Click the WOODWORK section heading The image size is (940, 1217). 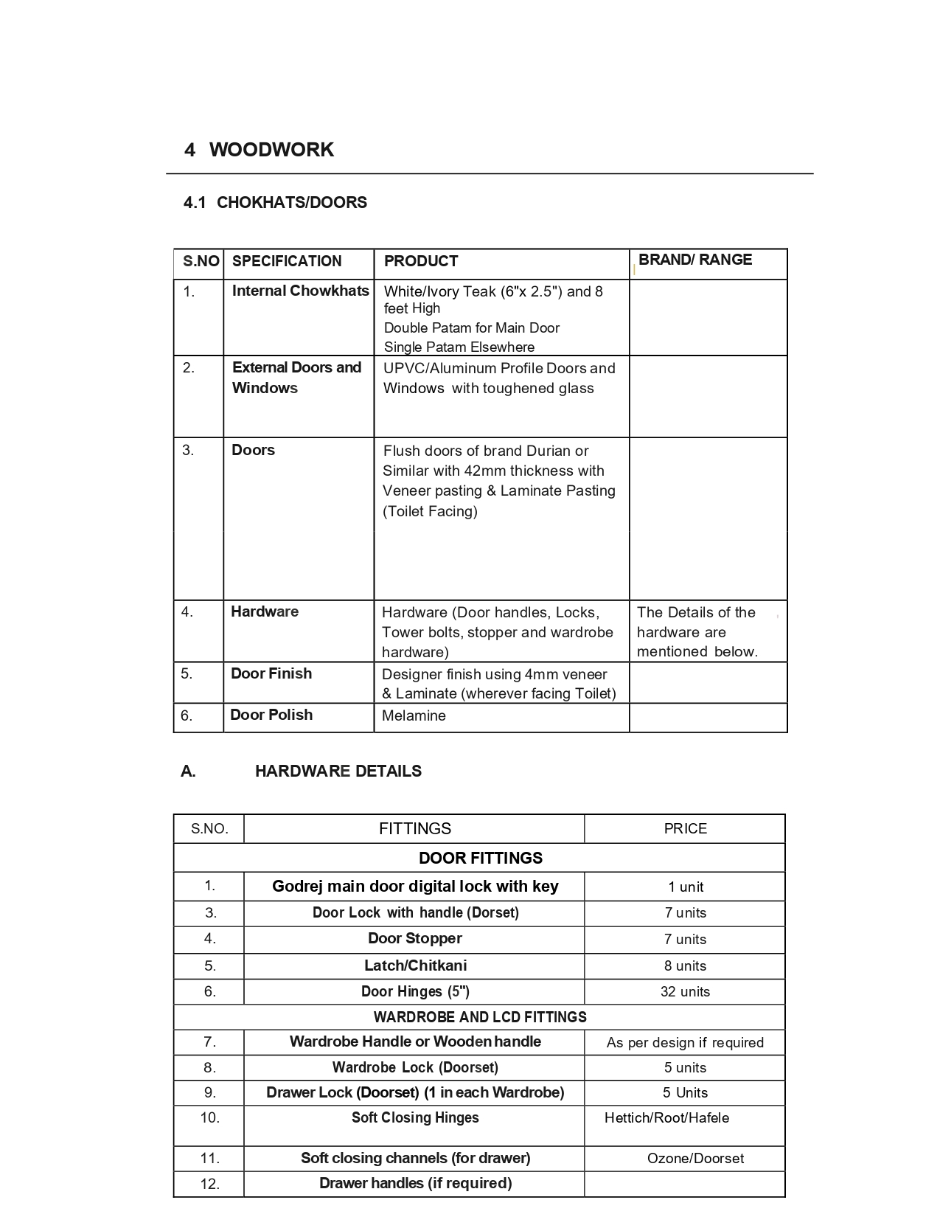(x=271, y=150)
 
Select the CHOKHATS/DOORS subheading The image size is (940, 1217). (x=291, y=203)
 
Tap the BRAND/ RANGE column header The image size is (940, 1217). (x=694, y=260)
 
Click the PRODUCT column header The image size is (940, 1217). (x=420, y=261)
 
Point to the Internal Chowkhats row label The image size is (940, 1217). (x=300, y=291)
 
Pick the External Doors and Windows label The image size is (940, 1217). (x=296, y=378)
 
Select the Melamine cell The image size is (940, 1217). (x=414, y=715)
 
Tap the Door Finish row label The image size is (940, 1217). (x=271, y=673)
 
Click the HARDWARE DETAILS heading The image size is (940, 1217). (x=338, y=771)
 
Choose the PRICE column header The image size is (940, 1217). (x=685, y=828)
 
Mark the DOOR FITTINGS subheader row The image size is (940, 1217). (x=480, y=858)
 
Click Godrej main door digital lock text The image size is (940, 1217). (x=415, y=886)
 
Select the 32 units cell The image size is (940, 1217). (x=685, y=991)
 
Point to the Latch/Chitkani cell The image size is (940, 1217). (x=415, y=965)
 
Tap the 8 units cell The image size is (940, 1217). (x=685, y=965)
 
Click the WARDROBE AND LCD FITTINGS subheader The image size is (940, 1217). (x=480, y=1017)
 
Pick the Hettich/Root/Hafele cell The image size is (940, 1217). (x=666, y=1117)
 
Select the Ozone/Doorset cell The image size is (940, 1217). (x=695, y=1158)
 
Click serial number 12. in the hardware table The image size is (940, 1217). (x=209, y=1184)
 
